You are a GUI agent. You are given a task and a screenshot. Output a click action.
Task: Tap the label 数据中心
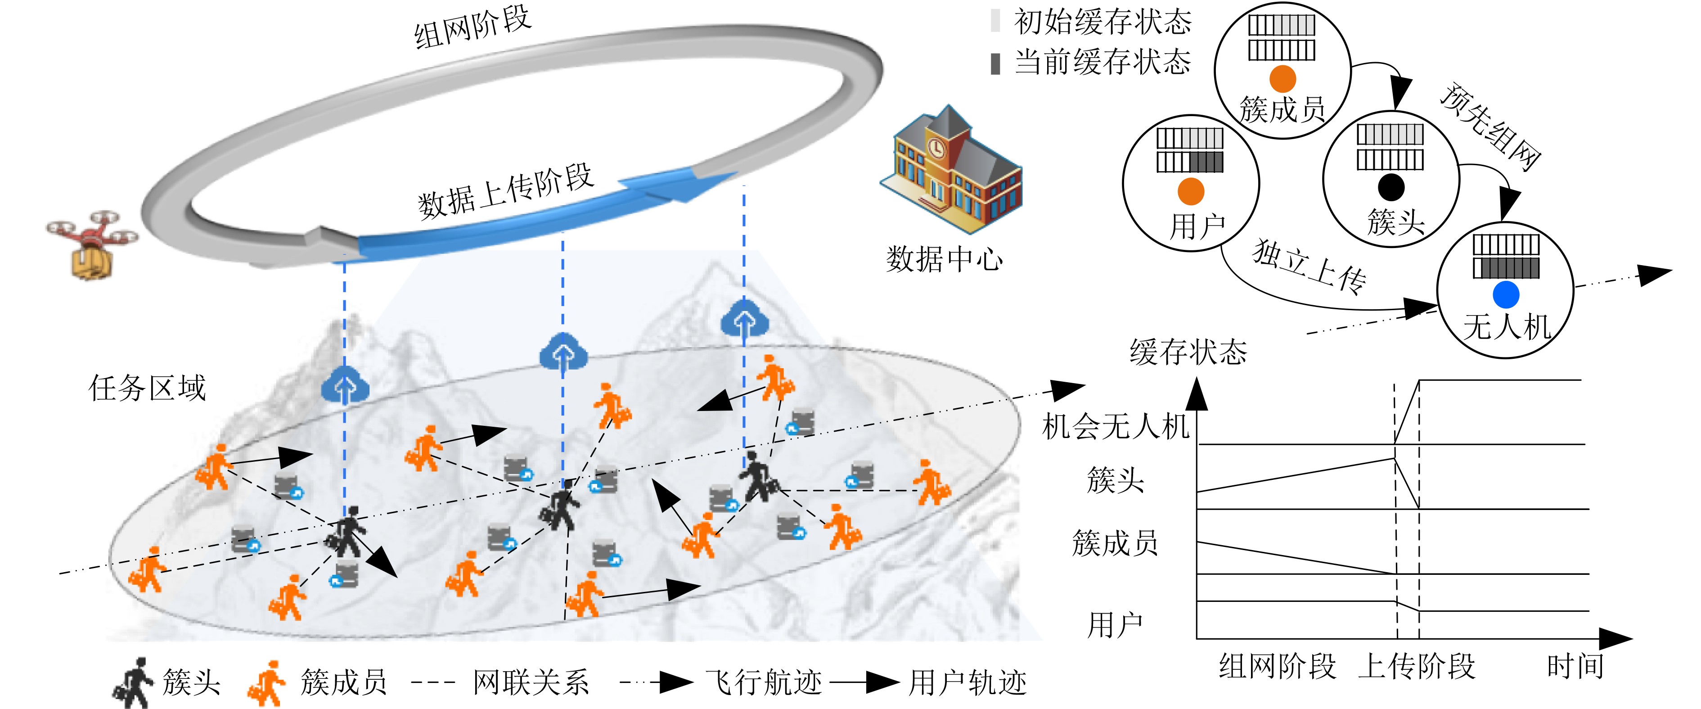pos(944,259)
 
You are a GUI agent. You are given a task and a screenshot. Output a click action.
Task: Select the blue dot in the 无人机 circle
pos(1506,295)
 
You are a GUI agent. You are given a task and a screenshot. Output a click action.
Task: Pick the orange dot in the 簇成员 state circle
pos(1282,79)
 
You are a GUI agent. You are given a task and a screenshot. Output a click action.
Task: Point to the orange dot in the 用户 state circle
pos(1191,192)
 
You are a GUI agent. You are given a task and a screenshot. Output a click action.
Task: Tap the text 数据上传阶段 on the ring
pos(506,192)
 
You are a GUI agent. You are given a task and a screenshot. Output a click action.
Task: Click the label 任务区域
pos(147,388)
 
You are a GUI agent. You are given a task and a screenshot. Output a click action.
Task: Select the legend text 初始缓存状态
pos(1103,22)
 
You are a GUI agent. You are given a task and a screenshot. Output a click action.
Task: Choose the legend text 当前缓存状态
pos(1103,62)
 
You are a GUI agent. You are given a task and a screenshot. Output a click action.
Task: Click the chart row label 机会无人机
pos(1116,426)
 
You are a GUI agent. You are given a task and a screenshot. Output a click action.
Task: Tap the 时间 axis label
pos(1575,666)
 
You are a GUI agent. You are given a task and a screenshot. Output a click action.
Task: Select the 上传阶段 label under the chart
pos(1417,666)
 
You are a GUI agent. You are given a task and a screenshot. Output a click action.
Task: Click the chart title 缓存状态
pos(1188,352)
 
